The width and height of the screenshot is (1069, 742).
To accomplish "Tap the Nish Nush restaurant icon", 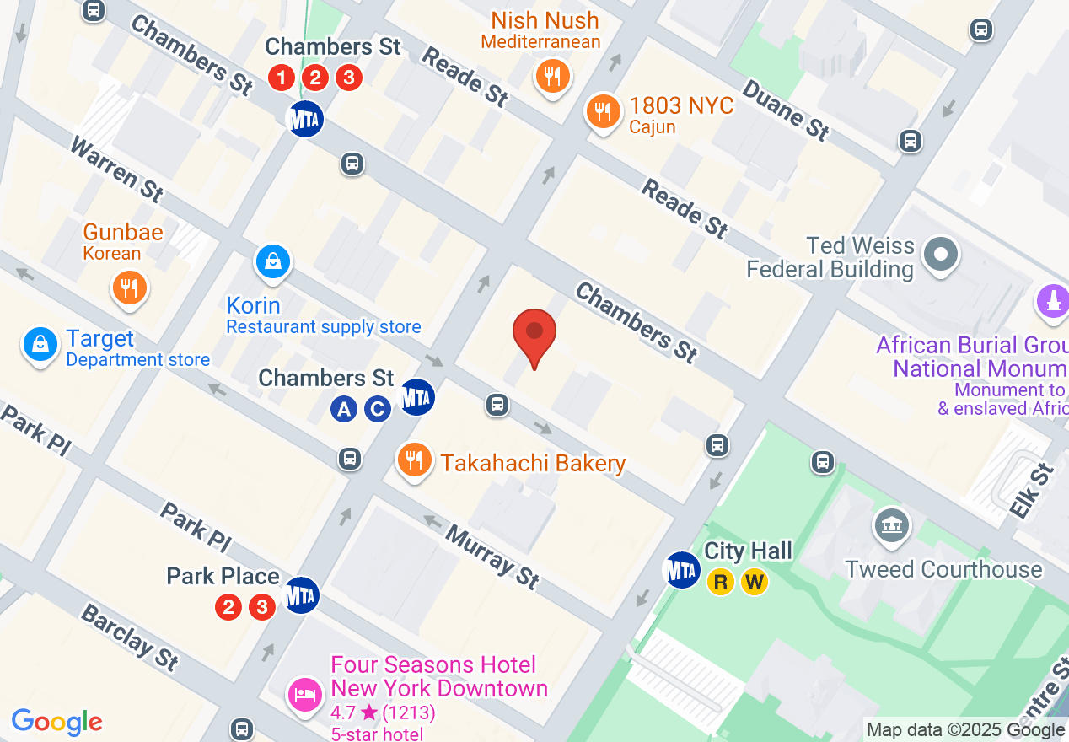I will click(552, 78).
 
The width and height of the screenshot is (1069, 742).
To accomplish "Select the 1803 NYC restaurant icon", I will click(602, 110).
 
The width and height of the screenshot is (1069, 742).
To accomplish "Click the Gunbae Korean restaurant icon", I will click(129, 288).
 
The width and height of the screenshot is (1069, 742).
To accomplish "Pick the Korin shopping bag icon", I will click(273, 262).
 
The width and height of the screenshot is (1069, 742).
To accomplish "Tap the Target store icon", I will click(40, 343).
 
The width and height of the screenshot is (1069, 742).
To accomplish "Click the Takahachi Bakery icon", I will click(413, 460).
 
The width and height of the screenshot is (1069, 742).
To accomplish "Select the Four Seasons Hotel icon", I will click(304, 694).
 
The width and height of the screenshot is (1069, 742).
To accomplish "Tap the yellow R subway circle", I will click(721, 582).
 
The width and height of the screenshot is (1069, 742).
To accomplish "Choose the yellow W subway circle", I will click(755, 582).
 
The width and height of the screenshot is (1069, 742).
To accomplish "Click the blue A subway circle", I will click(343, 410).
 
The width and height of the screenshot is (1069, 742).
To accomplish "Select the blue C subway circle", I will click(377, 410).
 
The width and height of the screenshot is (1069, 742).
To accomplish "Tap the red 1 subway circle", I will click(282, 78).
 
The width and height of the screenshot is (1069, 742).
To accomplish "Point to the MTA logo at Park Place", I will click(301, 595).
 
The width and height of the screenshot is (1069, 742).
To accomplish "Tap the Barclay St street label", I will click(130, 637).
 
